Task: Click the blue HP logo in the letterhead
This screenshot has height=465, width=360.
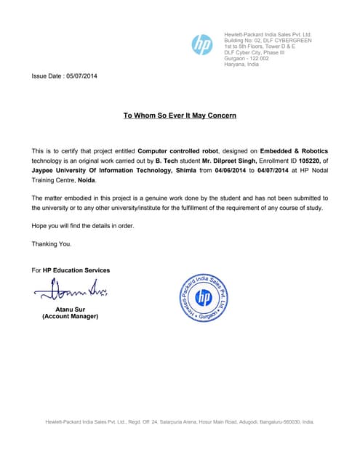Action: pyautogui.click(x=201, y=45)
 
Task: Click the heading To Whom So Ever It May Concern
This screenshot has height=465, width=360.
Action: pyautogui.click(x=180, y=116)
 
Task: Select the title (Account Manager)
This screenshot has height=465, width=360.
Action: pyautogui.click(x=70, y=317)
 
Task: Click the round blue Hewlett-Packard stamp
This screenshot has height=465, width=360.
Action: pyautogui.click(x=204, y=298)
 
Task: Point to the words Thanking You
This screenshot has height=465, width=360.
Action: pyautogui.click(x=52, y=244)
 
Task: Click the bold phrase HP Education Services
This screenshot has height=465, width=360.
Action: pyautogui.click(x=76, y=270)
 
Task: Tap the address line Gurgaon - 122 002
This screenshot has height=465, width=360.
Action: pyautogui.click(x=247, y=58)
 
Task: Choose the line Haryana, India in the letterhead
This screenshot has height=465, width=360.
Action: pyautogui.click(x=241, y=65)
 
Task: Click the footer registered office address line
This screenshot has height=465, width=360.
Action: pyautogui.click(x=180, y=422)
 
